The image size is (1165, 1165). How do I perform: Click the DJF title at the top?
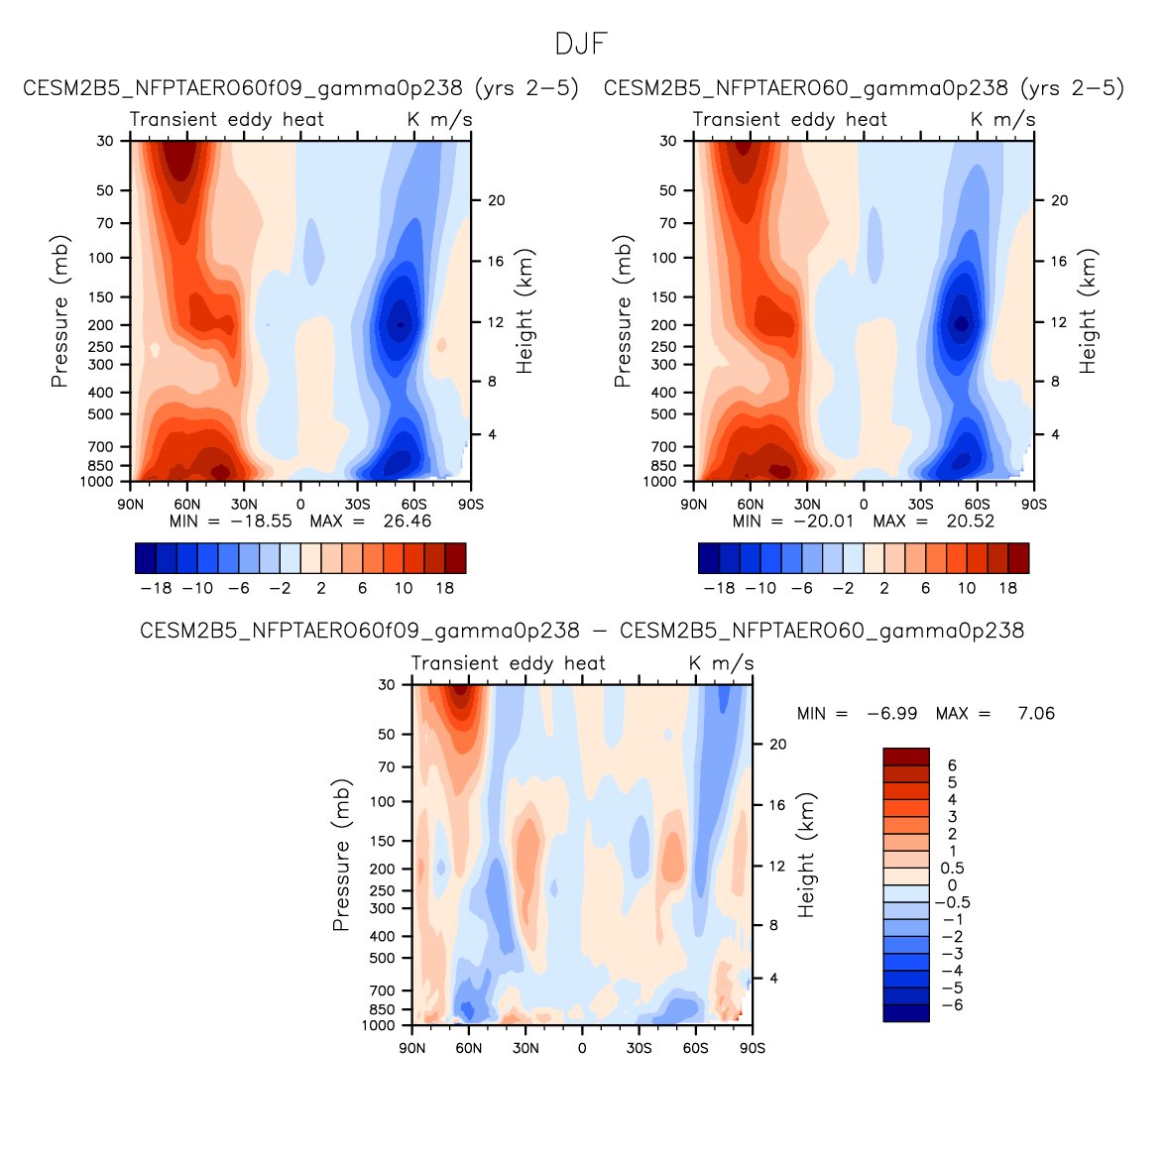pos(581,45)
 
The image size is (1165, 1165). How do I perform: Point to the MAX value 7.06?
pos(1036,714)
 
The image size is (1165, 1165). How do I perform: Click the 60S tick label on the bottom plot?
pos(695,1048)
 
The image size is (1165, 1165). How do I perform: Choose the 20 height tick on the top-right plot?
pos(1059,200)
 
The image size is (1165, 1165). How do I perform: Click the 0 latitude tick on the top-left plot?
pos(300,504)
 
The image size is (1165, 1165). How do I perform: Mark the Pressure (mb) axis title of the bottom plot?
pos(341,855)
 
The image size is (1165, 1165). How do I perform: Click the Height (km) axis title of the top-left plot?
pos(524,311)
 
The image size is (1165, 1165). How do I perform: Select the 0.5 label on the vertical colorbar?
pos(952,869)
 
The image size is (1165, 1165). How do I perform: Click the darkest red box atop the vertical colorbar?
pos(906,757)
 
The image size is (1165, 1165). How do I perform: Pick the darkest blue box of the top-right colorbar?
pos(709,558)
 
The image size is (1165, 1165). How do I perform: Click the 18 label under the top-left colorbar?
pos(444,588)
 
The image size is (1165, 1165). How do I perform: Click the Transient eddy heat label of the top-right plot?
pos(789,119)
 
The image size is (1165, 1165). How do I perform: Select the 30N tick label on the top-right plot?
pos(807,504)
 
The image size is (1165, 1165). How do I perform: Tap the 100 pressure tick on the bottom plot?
pos(383,801)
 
